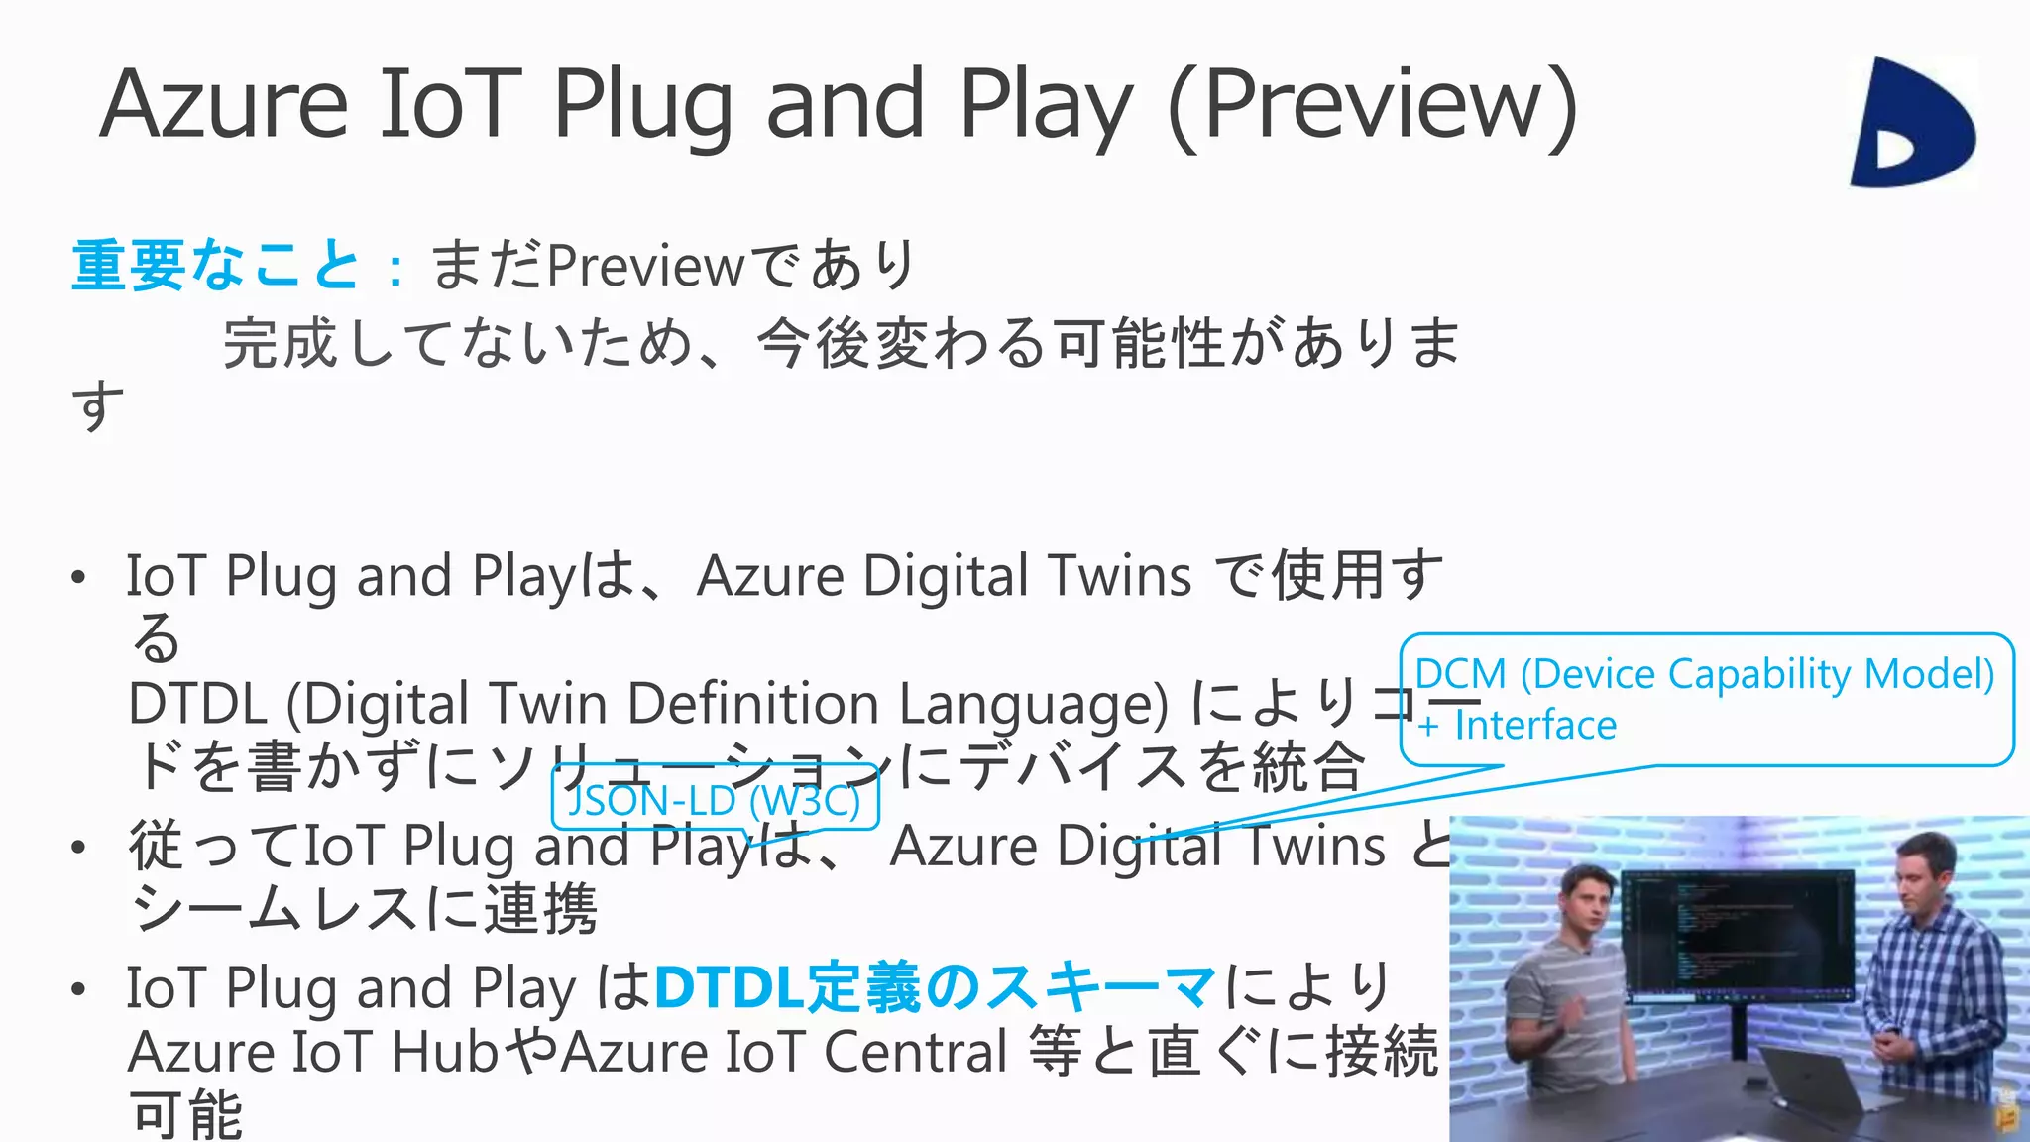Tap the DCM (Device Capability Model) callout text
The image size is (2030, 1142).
click(x=1704, y=674)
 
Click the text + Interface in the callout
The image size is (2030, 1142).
click(x=1517, y=726)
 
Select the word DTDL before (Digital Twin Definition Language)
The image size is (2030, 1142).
click(x=197, y=704)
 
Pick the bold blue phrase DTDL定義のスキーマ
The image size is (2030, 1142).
click(x=935, y=987)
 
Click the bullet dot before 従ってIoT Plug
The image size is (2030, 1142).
click(x=78, y=848)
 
